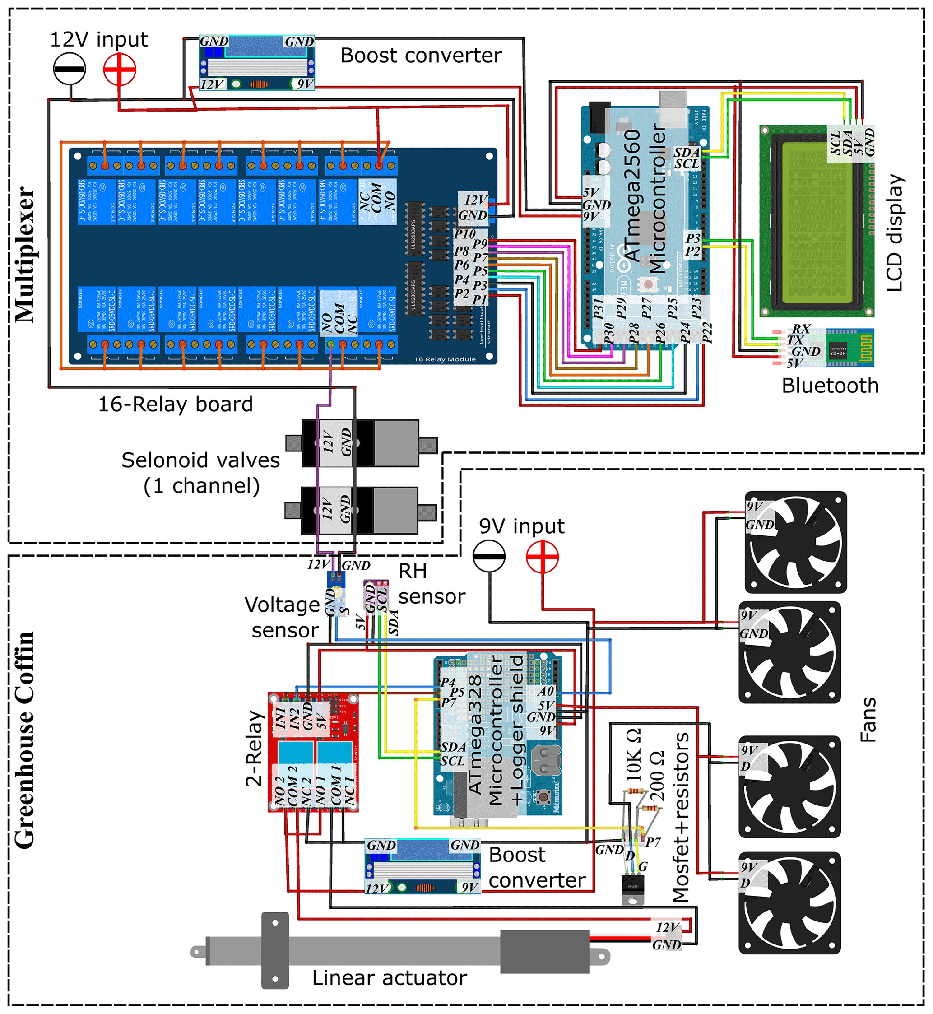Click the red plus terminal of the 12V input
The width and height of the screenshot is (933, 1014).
[120, 69]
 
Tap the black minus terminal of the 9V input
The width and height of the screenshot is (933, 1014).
[489, 556]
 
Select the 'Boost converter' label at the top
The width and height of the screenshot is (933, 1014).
[421, 55]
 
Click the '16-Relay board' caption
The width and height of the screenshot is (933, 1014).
[175, 404]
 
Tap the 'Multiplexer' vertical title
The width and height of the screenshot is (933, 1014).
[24, 255]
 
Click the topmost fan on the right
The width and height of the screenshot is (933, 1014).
[796, 542]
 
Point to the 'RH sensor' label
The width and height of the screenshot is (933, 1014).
[431, 584]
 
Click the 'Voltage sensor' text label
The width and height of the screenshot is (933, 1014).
[283, 617]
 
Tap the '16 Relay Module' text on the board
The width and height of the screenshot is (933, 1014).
[445, 359]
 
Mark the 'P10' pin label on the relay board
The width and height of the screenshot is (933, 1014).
[464, 234]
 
